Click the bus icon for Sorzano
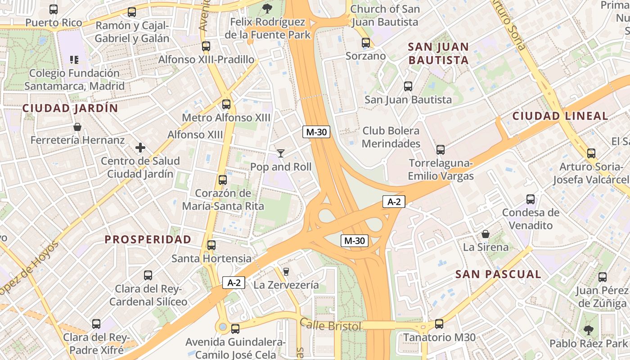click(x=366, y=43)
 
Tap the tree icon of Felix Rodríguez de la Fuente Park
click(x=267, y=8)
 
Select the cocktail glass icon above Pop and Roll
click(x=281, y=153)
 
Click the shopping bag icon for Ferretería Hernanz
click(x=77, y=127)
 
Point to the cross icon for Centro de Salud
click(x=140, y=148)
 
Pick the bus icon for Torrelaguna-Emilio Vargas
click(x=441, y=150)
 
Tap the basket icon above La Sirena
click(x=486, y=234)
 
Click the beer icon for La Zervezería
click(x=286, y=271)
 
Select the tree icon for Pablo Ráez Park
click(x=588, y=330)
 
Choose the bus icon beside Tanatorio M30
click(x=439, y=324)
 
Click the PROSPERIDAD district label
click(x=148, y=239)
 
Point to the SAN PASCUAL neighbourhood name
click(x=498, y=274)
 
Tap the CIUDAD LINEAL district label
click(x=560, y=116)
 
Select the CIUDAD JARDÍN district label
click(x=70, y=108)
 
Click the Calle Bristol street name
click(x=331, y=325)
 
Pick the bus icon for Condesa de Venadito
click(x=531, y=199)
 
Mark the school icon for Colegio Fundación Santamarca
click(x=74, y=60)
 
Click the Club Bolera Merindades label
click(x=391, y=137)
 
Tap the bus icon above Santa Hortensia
click(x=211, y=245)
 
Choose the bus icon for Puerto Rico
click(x=54, y=9)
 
